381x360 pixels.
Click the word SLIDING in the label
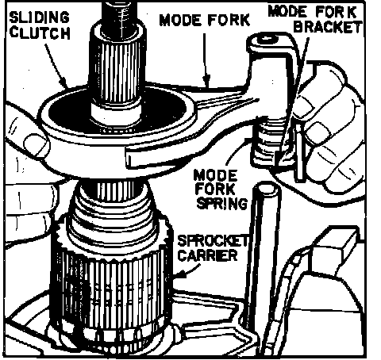pyautogui.click(x=40, y=17)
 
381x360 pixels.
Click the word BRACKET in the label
pyautogui.click(x=328, y=27)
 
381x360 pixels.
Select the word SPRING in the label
pyautogui.click(x=222, y=203)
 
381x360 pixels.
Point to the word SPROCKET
pyautogui.click(x=214, y=241)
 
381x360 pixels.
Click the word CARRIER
pyautogui.click(x=208, y=255)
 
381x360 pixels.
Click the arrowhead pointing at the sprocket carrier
pyautogui.click(x=180, y=274)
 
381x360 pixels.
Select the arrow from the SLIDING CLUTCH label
pyautogui.click(x=56, y=66)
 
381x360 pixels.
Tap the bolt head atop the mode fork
pyautogui.click(x=268, y=40)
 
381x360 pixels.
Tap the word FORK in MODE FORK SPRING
pyautogui.click(x=216, y=190)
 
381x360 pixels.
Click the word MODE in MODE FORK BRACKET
pyautogui.click(x=287, y=12)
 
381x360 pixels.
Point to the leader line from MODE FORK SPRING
pyautogui.click(x=232, y=153)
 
